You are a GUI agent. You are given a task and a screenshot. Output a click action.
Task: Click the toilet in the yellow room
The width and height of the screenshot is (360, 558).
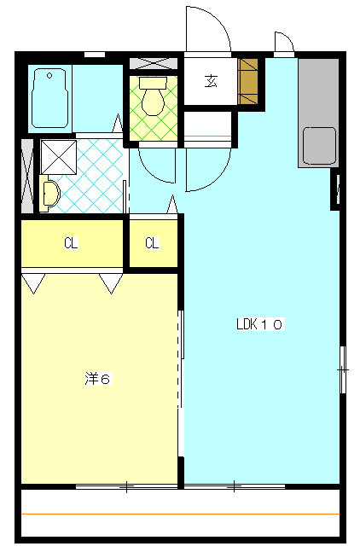pyautogui.click(x=153, y=96)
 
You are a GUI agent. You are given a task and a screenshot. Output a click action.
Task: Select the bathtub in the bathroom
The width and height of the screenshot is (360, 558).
pyautogui.click(x=49, y=99)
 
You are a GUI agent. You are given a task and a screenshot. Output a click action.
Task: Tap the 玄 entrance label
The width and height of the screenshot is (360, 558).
pyautogui.click(x=211, y=81)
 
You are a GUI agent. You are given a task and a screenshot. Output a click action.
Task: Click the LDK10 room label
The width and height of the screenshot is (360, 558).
pyautogui.click(x=260, y=324)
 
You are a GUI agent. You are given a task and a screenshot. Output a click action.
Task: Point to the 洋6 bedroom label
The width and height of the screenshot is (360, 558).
pyautogui.click(x=98, y=379)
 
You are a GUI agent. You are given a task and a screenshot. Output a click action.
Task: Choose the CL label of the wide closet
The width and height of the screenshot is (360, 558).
pyautogui.click(x=71, y=243)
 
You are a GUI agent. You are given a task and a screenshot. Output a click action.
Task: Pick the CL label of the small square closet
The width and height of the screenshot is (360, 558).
pyautogui.click(x=152, y=243)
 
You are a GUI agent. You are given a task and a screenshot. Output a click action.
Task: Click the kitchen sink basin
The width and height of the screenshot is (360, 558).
pyautogui.click(x=319, y=145)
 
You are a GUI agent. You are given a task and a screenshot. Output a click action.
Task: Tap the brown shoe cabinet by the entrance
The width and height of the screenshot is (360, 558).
pyautogui.click(x=247, y=82)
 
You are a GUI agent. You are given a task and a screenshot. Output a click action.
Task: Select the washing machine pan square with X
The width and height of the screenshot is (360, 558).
pyautogui.click(x=59, y=157)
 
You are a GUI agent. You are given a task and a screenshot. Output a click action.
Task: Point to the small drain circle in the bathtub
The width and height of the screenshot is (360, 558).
pyautogui.click(x=49, y=75)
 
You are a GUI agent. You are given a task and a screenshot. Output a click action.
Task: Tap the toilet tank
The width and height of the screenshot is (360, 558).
pyautogui.click(x=153, y=83)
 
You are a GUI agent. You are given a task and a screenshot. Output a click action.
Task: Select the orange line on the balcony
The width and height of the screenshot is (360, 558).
pyautogui.click(x=180, y=514)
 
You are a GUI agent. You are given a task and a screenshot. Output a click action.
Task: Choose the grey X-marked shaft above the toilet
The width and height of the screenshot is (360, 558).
pyautogui.click(x=154, y=63)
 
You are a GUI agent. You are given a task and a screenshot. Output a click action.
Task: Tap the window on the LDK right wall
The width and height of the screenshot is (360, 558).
pyautogui.click(x=343, y=369)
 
